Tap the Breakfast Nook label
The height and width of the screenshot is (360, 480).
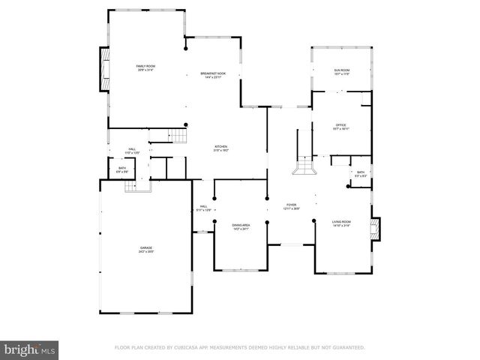213,74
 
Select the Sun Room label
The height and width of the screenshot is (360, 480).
342,71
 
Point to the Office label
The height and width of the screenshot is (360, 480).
342,127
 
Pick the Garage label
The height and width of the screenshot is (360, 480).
145,250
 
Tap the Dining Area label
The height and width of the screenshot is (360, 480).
240,226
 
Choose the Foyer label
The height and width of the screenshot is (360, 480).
290,206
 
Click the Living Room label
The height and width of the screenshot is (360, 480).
342,223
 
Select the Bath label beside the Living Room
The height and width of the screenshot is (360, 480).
361,174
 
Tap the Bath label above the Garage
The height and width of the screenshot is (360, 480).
122,169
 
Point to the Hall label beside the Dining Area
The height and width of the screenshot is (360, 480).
203,208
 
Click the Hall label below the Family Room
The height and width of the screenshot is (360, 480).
131,151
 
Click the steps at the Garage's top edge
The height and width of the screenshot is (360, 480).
137,186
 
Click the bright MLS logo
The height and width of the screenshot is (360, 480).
30,350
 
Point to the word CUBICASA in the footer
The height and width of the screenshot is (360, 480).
198,348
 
